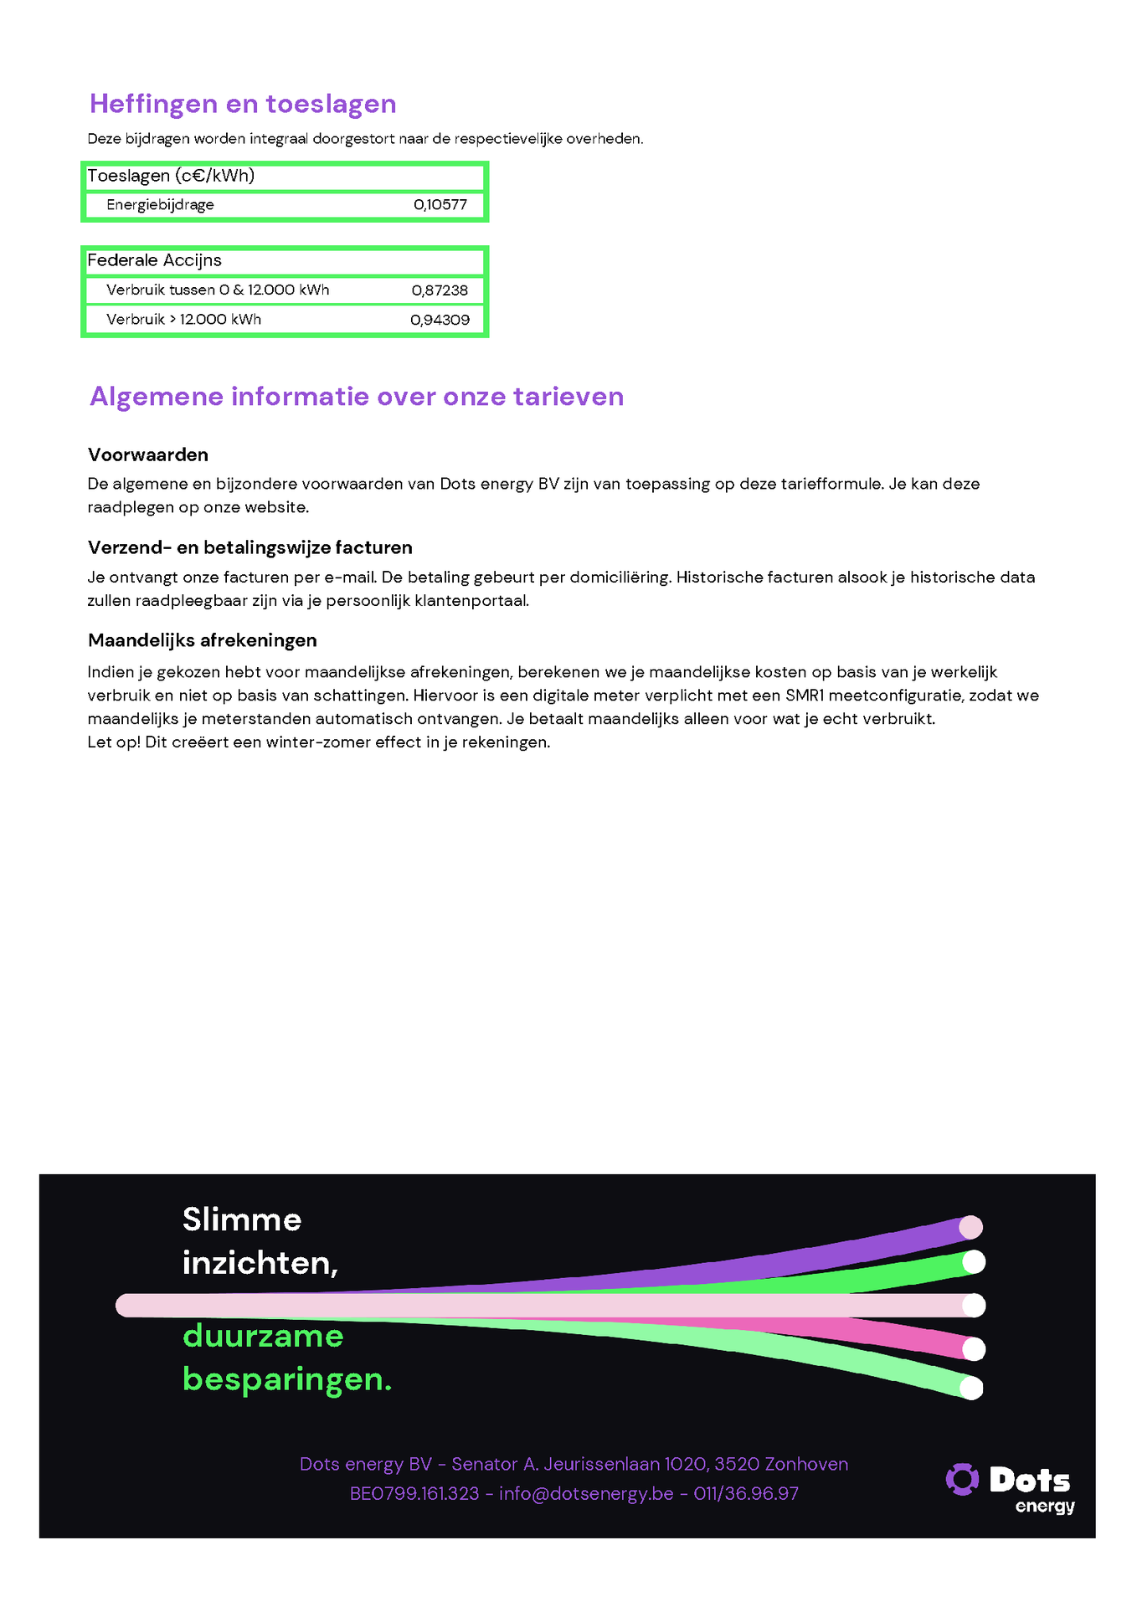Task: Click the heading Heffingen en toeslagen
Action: pyautogui.click(x=243, y=104)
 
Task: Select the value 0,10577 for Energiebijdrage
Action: pyautogui.click(x=440, y=205)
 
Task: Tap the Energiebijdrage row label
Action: pyautogui.click(x=160, y=205)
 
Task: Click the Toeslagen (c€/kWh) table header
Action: pyautogui.click(x=171, y=176)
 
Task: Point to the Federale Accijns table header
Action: pyautogui.click(x=155, y=260)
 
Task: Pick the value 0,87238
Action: pyautogui.click(x=440, y=290)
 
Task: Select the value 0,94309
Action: pyautogui.click(x=440, y=320)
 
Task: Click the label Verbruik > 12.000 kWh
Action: pyautogui.click(x=183, y=320)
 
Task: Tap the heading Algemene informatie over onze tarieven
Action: pyautogui.click(x=357, y=396)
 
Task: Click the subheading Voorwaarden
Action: pyautogui.click(x=148, y=454)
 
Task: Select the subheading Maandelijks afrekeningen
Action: pyautogui.click(x=203, y=640)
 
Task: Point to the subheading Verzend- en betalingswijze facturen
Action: pyautogui.click(x=250, y=547)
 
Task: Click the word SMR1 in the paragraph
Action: pyautogui.click(x=805, y=696)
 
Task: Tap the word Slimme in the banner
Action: pyautogui.click(x=242, y=1219)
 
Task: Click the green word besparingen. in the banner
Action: pyautogui.click(x=287, y=1379)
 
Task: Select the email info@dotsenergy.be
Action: pyautogui.click(x=586, y=1494)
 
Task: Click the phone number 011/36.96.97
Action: pyautogui.click(x=746, y=1494)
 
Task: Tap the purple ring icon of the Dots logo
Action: pyautogui.click(x=962, y=1479)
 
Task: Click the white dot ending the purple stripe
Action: pyautogui.click(x=970, y=1227)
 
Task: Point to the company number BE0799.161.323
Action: pyautogui.click(x=414, y=1494)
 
